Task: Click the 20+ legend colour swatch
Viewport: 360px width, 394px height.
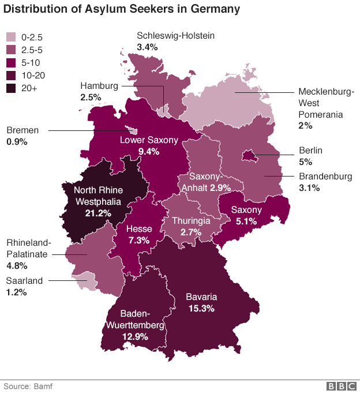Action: (11, 88)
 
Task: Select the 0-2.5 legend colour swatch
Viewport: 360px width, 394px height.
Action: (11, 37)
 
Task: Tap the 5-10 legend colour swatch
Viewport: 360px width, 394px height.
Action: (11, 63)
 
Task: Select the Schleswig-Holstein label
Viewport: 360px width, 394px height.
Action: (175, 36)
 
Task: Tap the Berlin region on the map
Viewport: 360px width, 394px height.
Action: (250, 155)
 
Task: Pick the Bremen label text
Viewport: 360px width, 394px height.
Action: (22, 130)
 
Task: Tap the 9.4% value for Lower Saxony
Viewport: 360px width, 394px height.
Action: (148, 151)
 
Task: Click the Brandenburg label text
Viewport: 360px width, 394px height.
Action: (325, 177)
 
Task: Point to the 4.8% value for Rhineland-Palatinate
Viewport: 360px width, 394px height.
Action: (16, 266)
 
